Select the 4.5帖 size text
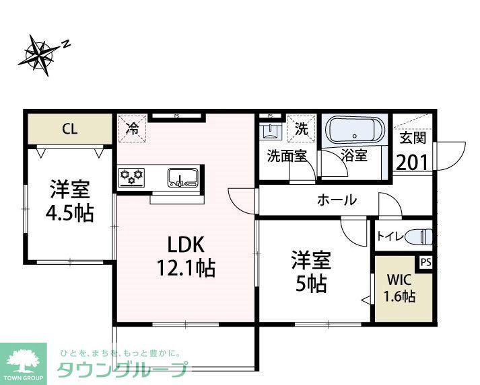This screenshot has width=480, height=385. tap(70, 213)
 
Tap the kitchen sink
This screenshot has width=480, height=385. tap(182, 178)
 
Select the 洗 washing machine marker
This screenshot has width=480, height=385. tap(302, 128)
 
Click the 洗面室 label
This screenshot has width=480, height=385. tap(287, 156)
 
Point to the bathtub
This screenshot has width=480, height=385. tap(355, 130)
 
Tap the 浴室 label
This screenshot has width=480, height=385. tap(354, 156)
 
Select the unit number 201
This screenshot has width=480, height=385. tap(413, 162)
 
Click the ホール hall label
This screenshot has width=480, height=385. tap(337, 200)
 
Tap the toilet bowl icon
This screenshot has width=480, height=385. tap(419, 236)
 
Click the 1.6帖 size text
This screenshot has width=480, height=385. tap(399, 296)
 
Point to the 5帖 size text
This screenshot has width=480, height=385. tap(310, 284)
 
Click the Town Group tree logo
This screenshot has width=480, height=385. tap(24, 362)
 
